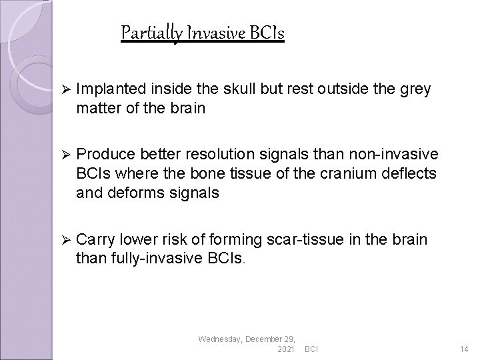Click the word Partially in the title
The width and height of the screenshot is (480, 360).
click(x=147, y=32)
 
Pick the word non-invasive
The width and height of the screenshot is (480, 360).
click(x=395, y=155)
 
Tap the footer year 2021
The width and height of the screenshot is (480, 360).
click(x=285, y=349)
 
